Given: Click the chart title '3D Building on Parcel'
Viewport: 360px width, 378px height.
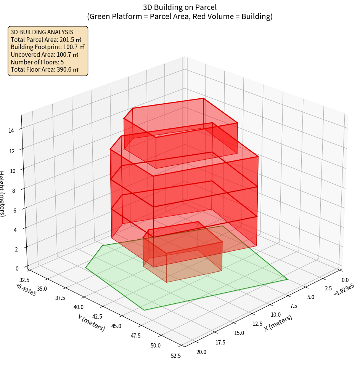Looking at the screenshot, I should (180, 7).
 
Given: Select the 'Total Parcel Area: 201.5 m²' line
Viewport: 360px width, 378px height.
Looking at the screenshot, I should (46, 39).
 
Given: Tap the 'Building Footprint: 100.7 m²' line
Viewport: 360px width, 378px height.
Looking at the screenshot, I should (47, 47).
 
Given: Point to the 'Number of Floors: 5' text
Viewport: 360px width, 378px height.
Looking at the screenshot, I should (37, 62).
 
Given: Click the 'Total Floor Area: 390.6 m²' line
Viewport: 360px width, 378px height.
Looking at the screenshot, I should (44, 69).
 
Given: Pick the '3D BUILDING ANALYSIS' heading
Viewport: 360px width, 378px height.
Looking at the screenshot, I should (42, 32).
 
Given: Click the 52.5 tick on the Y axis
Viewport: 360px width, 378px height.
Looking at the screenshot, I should (176, 356).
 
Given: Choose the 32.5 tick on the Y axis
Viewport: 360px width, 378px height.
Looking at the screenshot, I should (24, 279).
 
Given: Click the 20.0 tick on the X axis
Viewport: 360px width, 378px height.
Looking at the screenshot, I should (201, 352).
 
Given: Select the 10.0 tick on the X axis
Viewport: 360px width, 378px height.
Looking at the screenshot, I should (276, 315).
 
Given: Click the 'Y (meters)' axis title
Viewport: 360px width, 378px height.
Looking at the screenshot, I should (92, 322).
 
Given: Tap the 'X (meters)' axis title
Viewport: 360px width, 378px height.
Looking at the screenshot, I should (278, 323).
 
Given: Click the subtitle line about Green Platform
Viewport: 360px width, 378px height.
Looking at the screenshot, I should (180, 16).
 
